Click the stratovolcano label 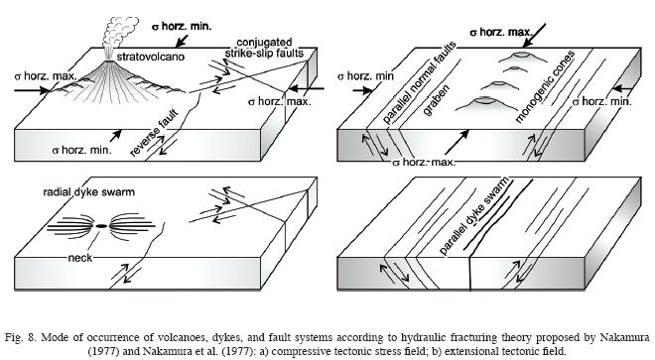pos(151,57)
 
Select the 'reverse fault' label pos(154,133)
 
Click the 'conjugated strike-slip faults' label pos(264,48)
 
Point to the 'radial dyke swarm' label pos(89,192)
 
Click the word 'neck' pos(79,258)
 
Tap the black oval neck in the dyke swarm pos(100,226)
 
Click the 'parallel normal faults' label pos(419,82)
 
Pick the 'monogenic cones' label pos(545,87)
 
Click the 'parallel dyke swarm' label pos(474,215)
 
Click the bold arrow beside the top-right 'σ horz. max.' pos(535,35)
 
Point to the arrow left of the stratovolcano pos(32,90)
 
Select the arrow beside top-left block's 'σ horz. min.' pos(183,41)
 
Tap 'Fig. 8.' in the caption pos(21,337)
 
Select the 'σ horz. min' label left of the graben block pos(365,76)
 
